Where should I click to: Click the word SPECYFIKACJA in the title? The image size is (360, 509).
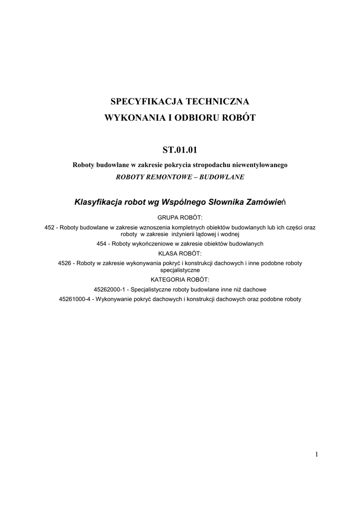[145, 102]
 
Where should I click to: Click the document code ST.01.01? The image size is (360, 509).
[180, 149]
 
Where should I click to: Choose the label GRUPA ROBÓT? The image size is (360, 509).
[180, 218]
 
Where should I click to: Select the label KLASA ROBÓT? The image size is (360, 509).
[180, 253]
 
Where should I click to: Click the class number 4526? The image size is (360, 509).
[65, 262]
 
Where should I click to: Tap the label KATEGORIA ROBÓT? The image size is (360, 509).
[180, 279]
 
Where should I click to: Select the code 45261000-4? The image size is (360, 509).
[75, 299]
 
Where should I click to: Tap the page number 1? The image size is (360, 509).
[316, 454]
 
